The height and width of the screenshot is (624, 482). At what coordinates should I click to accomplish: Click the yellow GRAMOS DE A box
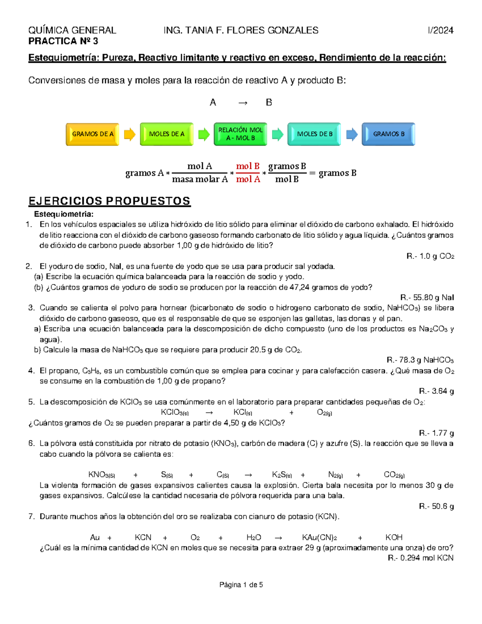pos(92,134)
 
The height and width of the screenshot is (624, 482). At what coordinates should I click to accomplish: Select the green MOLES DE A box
pos(167,134)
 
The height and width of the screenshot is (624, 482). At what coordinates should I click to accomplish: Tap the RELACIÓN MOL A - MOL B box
pos(240,134)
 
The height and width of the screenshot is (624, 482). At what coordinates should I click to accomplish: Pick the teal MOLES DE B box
pos(315,134)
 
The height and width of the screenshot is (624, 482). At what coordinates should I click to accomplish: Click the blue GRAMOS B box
pos(388,134)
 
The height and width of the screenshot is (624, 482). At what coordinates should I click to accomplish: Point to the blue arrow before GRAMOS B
pos(352,134)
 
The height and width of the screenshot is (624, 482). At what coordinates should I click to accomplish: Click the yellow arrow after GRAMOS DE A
pos(129,134)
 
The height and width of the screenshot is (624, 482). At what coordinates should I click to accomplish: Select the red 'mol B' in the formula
pos(248,166)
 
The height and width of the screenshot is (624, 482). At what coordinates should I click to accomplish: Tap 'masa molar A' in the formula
pos(200,179)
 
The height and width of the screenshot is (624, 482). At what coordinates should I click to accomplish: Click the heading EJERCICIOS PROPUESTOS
pos(109,201)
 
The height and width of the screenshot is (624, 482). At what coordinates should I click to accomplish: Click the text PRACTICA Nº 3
pos(63,41)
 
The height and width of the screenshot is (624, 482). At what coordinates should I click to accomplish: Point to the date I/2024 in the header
pos(441,31)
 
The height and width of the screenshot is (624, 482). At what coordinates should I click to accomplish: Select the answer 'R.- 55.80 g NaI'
pos(427,298)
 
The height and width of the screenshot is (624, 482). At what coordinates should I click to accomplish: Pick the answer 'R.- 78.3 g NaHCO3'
pos(420,360)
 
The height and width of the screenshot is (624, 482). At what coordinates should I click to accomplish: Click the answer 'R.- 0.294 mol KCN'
pos(421,558)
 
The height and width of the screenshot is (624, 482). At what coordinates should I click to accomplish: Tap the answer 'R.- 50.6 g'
pos(436,506)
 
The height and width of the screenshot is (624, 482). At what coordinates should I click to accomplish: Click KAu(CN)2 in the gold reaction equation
pos(320,538)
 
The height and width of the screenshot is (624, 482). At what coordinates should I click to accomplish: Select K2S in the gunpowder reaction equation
pos(282,475)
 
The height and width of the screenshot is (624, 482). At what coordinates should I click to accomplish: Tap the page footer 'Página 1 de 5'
pos(241,585)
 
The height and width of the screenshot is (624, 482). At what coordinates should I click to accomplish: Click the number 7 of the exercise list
pos(31,517)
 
